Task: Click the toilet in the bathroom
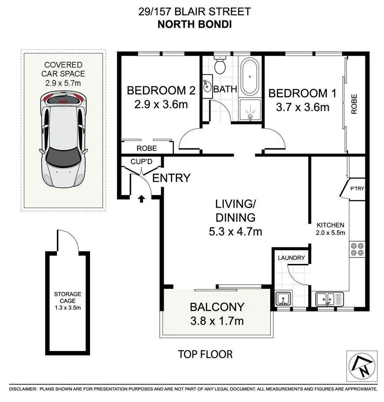pos(220,65)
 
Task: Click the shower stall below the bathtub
pos(250,110)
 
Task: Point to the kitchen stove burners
pos(357,249)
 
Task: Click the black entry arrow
pos(142,199)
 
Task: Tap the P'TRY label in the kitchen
pos(357,188)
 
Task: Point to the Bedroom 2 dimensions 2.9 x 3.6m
pos(161,105)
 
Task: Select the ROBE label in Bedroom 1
pos(354,104)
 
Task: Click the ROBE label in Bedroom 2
pos(147,148)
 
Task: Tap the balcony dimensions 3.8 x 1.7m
pos(217,320)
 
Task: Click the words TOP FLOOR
pos(205,354)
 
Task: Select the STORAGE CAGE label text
pos(67,297)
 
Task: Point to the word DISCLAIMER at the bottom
pos(23,389)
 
